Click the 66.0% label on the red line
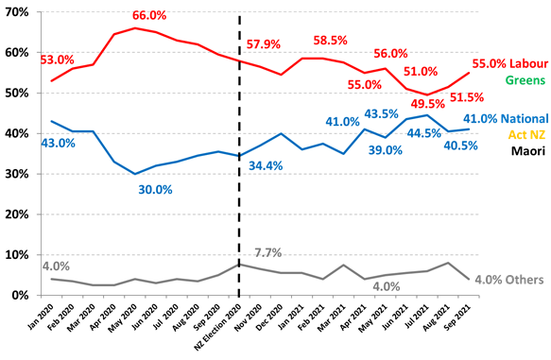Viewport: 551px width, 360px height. click(149, 16)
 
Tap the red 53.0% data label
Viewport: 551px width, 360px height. click(58, 60)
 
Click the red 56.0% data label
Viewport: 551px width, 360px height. click(388, 54)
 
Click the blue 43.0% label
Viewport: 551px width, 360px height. click(57, 143)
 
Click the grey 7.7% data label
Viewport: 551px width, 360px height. click(268, 253)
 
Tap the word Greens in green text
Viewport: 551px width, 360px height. click(524, 80)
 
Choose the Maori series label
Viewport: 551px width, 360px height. click(526, 150)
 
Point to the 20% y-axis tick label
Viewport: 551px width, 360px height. click(18, 214)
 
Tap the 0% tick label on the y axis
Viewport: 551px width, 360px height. click(21, 295)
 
